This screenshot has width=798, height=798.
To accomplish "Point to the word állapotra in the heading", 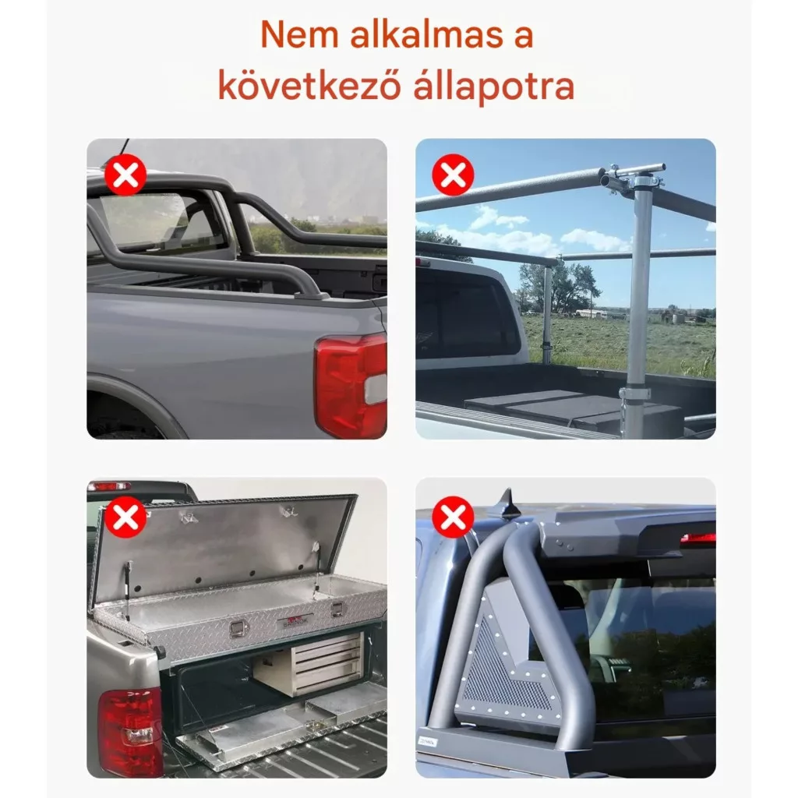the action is pyautogui.click(x=493, y=86).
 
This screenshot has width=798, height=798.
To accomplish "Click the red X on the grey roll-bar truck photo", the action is pyautogui.click(x=125, y=175).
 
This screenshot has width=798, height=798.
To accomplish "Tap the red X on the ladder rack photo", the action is pyautogui.click(x=453, y=175).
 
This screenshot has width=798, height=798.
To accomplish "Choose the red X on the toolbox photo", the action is pyautogui.click(x=125, y=517).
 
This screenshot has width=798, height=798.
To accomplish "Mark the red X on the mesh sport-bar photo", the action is pyautogui.click(x=453, y=517).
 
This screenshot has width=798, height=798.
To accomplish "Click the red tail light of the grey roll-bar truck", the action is pyautogui.click(x=351, y=385).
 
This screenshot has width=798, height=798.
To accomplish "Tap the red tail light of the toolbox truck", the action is pyautogui.click(x=130, y=731).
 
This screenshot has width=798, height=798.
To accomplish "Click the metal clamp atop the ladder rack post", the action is pyautogui.click(x=633, y=178).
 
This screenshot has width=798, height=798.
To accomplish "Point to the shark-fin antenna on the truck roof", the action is pyautogui.click(x=507, y=507).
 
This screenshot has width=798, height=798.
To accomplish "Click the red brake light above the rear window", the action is pyautogui.click(x=697, y=538).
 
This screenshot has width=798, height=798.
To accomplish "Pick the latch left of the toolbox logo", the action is pyautogui.click(x=238, y=629).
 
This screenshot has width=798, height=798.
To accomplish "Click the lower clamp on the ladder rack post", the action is pyautogui.click(x=634, y=394).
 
